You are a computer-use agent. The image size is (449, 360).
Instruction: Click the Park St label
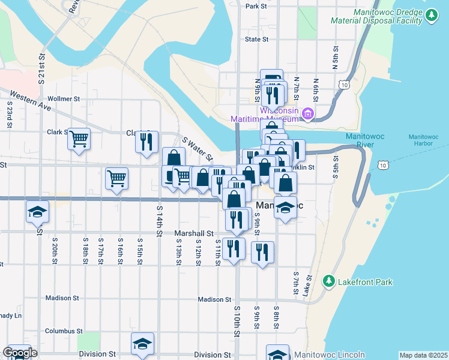coord(256,6)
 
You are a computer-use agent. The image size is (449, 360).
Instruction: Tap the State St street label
coord(256,40)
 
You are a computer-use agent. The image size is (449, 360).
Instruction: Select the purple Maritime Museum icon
coord(309,113)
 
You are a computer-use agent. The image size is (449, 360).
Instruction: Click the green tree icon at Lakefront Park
coord(328,281)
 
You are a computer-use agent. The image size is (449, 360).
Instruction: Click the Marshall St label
coord(194,233)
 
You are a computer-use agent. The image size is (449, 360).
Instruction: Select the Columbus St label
coord(63,331)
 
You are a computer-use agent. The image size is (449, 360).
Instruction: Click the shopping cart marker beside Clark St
coord(79,139)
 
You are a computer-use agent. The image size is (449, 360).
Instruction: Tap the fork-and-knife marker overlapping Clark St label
coord(147,142)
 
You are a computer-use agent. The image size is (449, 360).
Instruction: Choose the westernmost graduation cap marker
coord(37,211)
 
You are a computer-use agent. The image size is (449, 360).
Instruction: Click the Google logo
coord(20,353)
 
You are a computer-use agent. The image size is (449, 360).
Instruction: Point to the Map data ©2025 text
coord(423,355)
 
